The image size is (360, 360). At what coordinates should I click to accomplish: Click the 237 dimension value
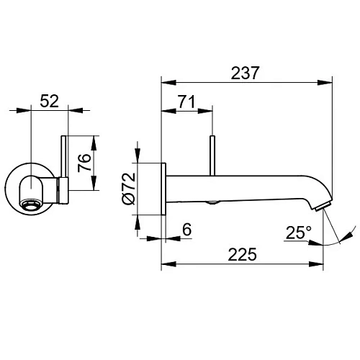click(x=245, y=73)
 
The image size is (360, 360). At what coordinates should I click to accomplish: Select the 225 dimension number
click(x=242, y=254)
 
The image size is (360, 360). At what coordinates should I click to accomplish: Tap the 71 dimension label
click(x=186, y=102)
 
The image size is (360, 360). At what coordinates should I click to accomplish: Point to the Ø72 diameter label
click(x=129, y=189)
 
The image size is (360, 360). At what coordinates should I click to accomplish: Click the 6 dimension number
click(x=187, y=230)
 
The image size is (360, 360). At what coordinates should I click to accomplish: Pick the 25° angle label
click(x=299, y=233)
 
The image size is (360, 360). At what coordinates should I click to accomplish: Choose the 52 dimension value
click(x=49, y=101)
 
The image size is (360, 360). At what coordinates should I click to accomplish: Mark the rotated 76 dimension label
click(x=84, y=163)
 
